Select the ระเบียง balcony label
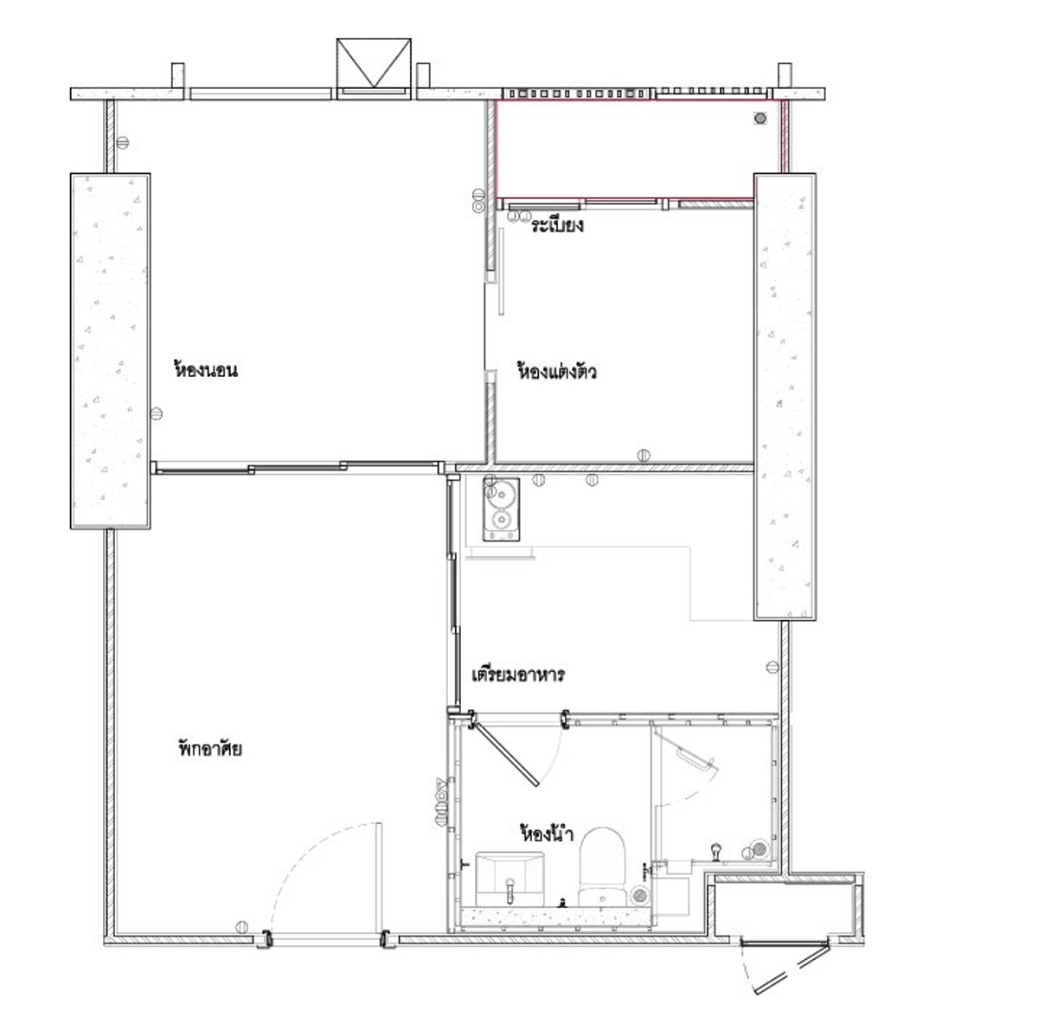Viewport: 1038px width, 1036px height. [x=557, y=225]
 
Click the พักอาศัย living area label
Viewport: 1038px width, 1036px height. [x=210, y=748]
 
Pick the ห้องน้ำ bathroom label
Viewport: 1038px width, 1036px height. [x=546, y=834]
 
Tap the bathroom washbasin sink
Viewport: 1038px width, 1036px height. [x=509, y=879]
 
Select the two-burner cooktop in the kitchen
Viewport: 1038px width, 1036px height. [x=501, y=508]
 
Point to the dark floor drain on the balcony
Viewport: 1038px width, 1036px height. [x=760, y=118]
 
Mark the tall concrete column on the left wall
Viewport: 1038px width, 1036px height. [x=110, y=351]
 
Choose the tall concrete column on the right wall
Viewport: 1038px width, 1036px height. [x=785, y=397]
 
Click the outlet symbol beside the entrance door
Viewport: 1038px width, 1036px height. [x=242, y=926]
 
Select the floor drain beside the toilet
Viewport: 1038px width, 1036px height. [x=639, y=896]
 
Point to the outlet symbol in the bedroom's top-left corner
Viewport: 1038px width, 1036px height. [x=123, y=143]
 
